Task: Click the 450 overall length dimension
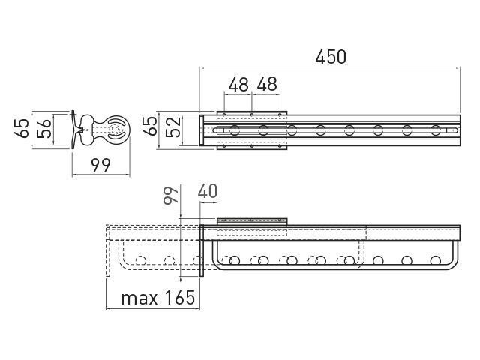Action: [x=331, y=57]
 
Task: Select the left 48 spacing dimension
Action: [x=238, y=84]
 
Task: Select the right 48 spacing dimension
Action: [x=267, y=84]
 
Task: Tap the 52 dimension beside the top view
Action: [x=173, y=127]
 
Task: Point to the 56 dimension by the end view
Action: [x=43, y=128]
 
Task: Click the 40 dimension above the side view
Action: [x=208, y=191]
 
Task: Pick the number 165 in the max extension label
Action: [x=180, y=297]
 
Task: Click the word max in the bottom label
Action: [x=139, y=298]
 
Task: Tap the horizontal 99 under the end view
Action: [x=100, y=166]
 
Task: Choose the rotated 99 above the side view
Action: [x=171, y=195]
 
